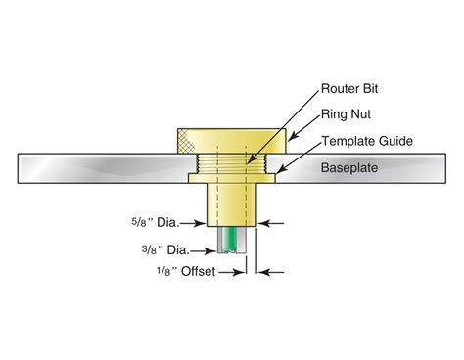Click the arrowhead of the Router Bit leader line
[251, 159]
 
